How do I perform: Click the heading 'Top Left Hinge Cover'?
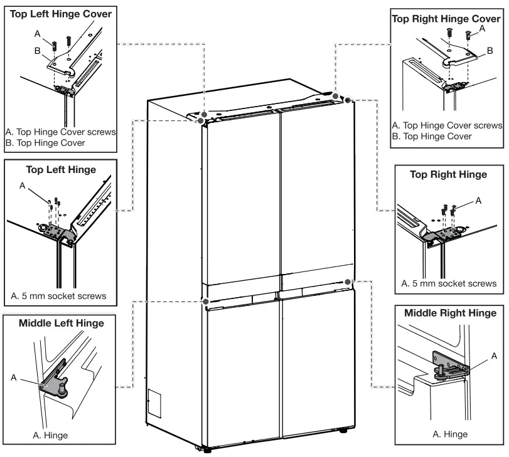[61, 13]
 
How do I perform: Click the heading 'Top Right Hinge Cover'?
[447, 19]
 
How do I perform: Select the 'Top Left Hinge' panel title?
[61, 169]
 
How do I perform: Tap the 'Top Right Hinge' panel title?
[447, 175]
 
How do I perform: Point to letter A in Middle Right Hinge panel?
[494, 355]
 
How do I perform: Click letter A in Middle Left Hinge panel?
[13, 377]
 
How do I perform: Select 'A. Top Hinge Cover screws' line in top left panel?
[60, 132]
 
